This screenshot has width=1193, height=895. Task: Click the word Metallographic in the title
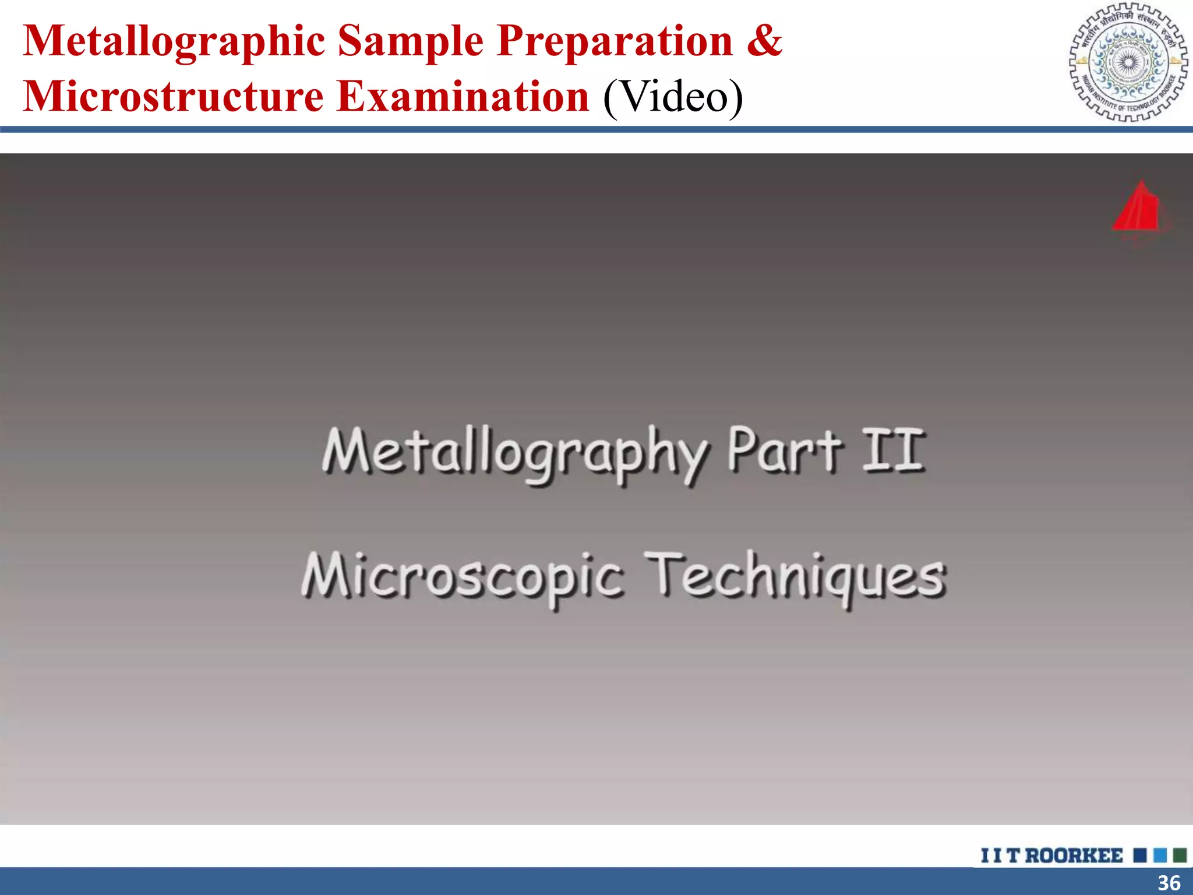click(174, 42)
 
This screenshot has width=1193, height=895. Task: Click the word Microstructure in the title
click(173, 97)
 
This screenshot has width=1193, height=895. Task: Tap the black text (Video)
click(673, 97)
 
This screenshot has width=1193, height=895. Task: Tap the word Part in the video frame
click(784, 451)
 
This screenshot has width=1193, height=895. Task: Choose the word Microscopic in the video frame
click(463, 577)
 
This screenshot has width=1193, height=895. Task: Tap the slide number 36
click(1169, 883)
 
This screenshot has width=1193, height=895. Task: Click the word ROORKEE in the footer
click(1074, 855)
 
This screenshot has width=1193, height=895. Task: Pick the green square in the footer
click(1180, 855)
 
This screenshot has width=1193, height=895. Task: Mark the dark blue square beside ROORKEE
click(1140, 855)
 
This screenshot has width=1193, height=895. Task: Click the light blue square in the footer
click(1160, 855)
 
